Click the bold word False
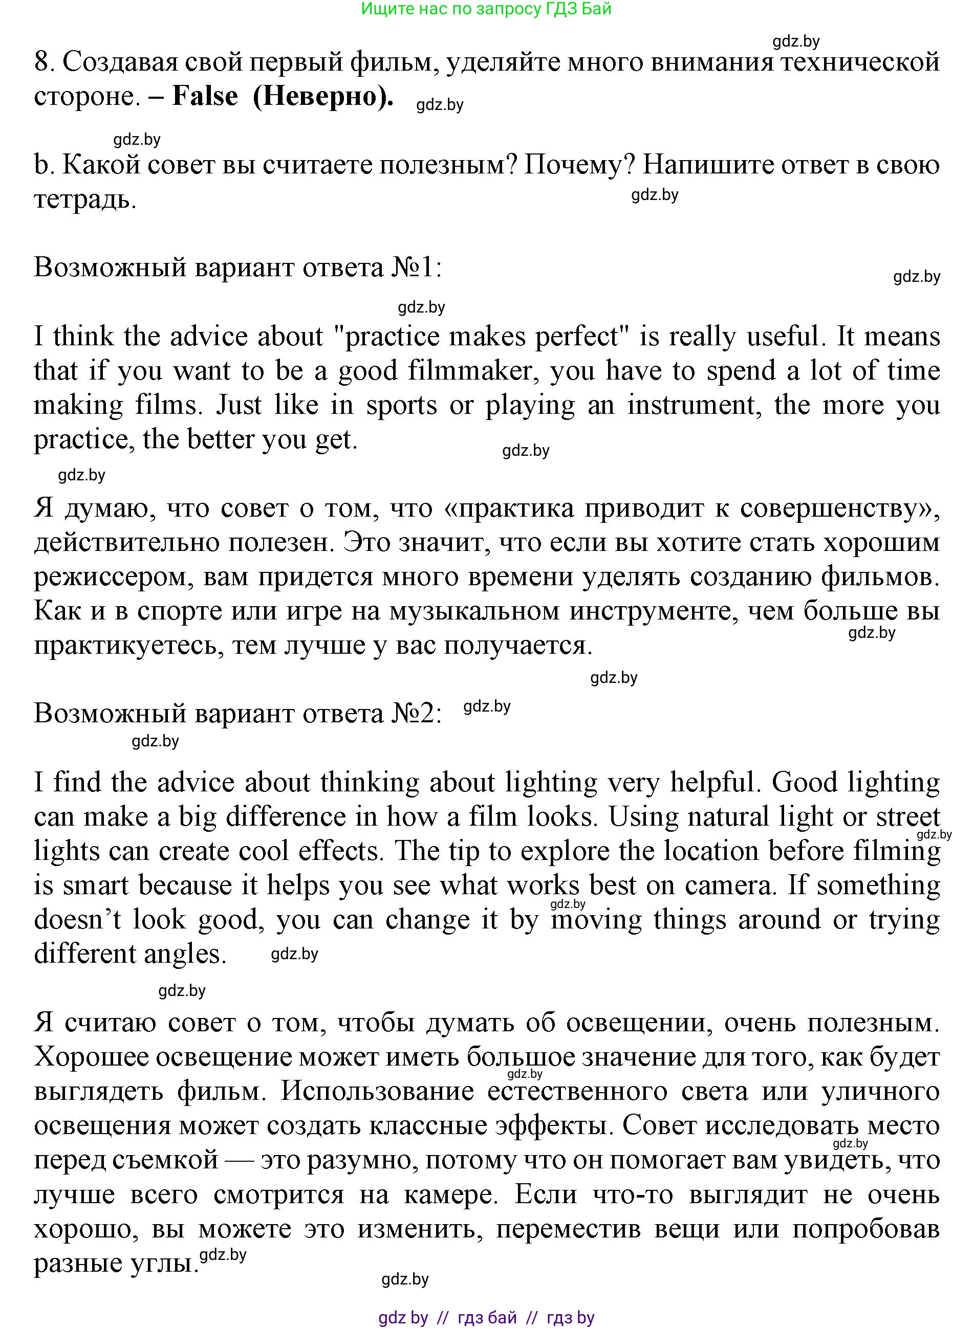205,96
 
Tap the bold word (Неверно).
323,96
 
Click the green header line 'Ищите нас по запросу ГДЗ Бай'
486,9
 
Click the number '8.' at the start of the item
44,62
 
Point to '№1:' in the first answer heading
416,268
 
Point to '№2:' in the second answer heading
416,714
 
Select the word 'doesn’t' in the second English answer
77,920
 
